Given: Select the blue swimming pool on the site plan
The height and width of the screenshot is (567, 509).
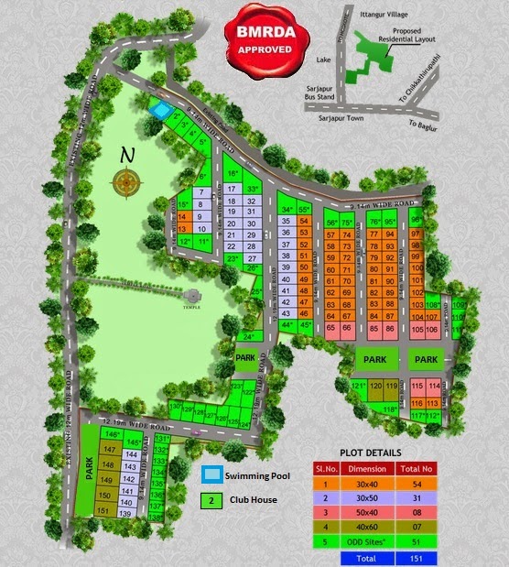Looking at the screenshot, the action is click(x=160, y=112).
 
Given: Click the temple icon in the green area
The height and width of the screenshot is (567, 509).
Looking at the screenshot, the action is click(x=192, y=298).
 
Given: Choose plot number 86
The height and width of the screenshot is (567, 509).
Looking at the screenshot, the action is click(x=390, y=328).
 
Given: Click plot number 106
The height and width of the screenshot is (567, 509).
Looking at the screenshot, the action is click(x=435, y=328).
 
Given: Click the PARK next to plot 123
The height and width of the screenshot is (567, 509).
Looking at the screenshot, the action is click(x=244, y=358).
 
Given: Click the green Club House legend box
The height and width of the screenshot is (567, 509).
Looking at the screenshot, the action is click(x=210, y=500).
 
